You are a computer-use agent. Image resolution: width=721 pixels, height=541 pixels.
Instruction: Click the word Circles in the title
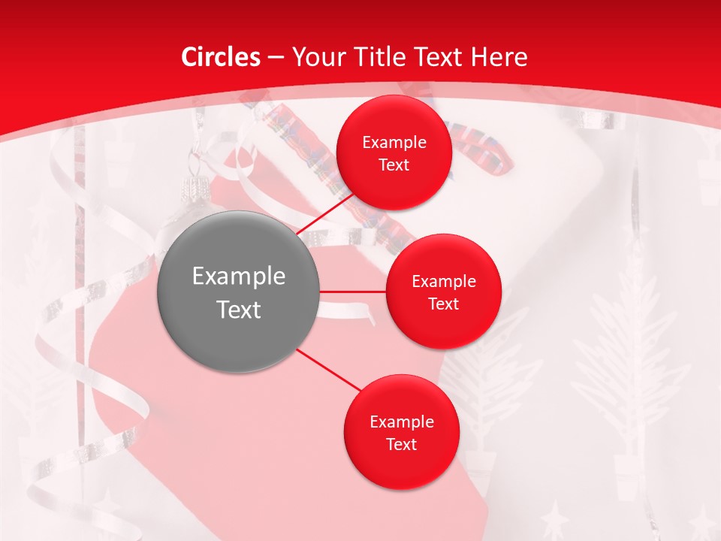220,57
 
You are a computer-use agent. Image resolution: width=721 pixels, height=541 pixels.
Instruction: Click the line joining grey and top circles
326,214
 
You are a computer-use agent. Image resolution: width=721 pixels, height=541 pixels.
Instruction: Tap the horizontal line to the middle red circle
353,292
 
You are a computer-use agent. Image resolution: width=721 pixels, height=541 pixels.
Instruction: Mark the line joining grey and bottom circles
329,369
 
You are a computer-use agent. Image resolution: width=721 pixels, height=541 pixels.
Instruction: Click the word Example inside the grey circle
239,277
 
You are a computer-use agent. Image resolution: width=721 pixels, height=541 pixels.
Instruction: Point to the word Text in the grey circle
239,310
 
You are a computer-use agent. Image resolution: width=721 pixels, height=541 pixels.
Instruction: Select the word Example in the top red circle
394,143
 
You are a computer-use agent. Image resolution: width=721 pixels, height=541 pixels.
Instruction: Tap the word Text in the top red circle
394,165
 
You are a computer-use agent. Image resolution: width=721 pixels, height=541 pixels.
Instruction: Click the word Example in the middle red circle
444,282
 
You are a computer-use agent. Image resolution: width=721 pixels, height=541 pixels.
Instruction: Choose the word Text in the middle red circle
443,304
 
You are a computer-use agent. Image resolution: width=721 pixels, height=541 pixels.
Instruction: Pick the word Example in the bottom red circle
402,422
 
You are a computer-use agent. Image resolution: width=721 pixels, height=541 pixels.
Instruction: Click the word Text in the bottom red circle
401,445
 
